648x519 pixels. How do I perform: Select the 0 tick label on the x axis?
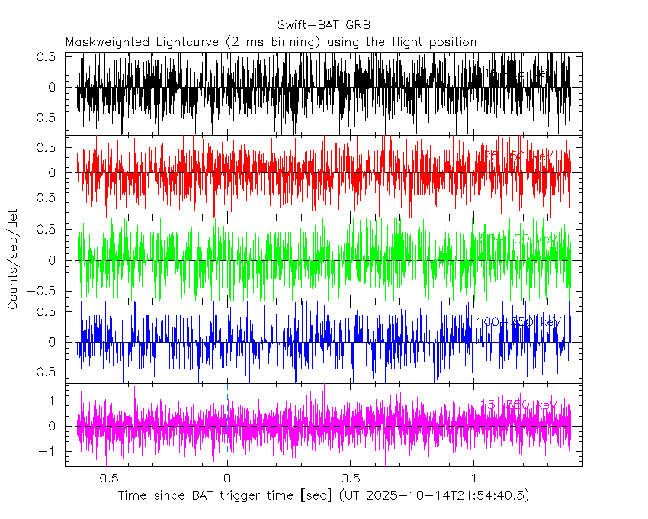tap(226, 479)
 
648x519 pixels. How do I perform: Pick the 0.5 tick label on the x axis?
tap(350, 479)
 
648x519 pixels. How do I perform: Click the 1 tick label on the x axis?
tap(473, 479)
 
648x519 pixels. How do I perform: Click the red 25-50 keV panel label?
tap(517, 156)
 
